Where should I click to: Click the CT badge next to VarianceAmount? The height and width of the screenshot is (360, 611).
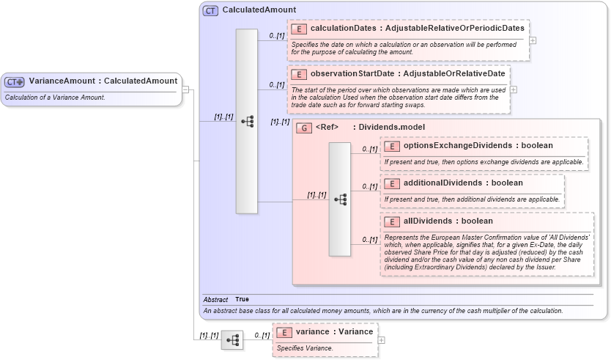click(15, 81)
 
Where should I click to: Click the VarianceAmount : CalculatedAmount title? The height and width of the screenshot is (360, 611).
click(103, 81)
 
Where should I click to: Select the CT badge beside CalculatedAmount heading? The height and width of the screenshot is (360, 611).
click(210, 10)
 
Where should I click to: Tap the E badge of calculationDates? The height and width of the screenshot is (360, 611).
click(298, 29)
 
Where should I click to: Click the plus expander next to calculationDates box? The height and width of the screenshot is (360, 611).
click(533, 40)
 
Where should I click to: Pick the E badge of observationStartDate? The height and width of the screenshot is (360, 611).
click(298, 74)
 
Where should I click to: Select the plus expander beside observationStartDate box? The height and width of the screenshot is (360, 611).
click(514, 89)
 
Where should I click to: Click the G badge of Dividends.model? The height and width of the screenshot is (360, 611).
click(303, 128)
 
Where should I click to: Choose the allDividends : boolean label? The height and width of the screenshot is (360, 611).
click(448, 221)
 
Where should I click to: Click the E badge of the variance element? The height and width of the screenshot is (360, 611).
click(284, 332)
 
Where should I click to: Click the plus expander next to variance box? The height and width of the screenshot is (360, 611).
click(382, 339)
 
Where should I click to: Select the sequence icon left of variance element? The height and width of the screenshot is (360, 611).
click(232, 340)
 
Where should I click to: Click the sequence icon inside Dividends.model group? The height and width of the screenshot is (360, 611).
click(340, 199)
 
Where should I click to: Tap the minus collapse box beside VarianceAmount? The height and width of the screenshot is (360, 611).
click(185, 89)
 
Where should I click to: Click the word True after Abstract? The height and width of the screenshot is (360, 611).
click(242, 299)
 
